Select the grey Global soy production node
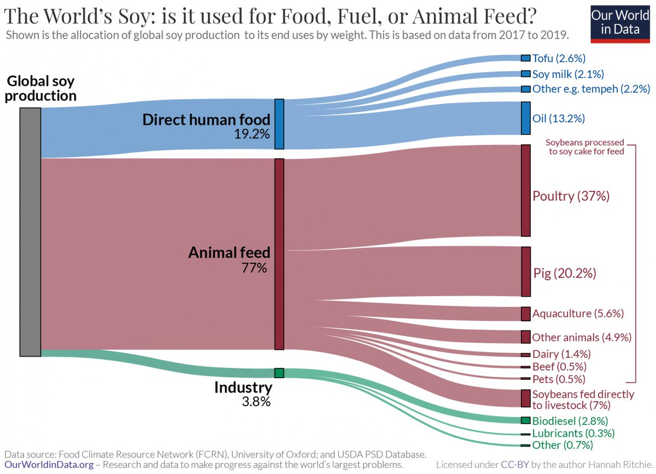pyautogui.click(x=30, y=232)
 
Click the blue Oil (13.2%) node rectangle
pyautogui.click(x=526, y=118)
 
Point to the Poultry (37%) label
pyautogui.click(x=571, y=196)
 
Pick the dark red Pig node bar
pyautogui.click(x=526, y=271)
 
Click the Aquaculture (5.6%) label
pyautogui.click(x=578, y=314)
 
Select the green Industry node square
pyautogui.click(x=279, y=373)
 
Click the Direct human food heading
pyautogui.click(x=207, y=119)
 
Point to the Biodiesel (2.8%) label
pyautogui.click(x=570, y=421)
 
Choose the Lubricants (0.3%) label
pyautogui.click(x=573, y=433)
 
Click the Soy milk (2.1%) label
pyautogui.click(x=568, y=74)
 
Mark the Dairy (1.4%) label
pyautogui.click(x=561, y=354)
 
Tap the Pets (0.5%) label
pyautogui.click(x=559, y=379)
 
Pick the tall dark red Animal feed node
pyautogui.click(x=279, y=254)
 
